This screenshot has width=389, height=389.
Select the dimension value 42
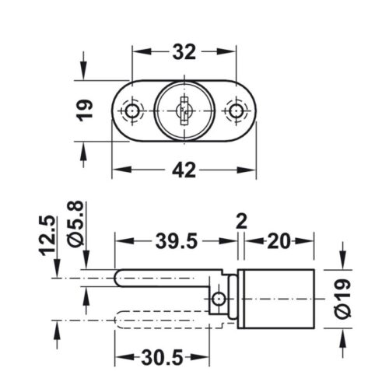tap(184, 169)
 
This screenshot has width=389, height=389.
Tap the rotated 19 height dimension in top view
tap(87, 110)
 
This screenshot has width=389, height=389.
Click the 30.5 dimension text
tap(163, 359)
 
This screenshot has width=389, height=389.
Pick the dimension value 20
tap(281, 242)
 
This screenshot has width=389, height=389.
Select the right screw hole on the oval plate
tap(233, 111)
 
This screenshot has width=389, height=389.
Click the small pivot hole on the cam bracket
tap(221, 298)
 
